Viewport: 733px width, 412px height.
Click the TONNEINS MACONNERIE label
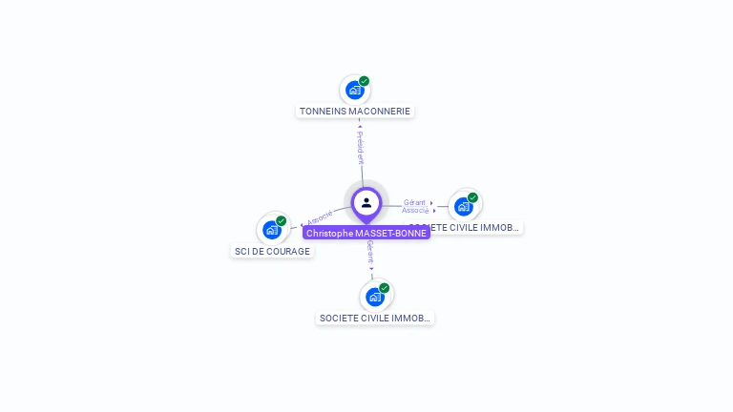(x=355, y=112)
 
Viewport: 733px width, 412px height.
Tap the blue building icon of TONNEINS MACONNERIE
(x=355, y=91)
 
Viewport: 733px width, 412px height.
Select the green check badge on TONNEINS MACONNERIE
(x=365, y=81)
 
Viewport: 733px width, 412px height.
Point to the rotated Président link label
(x=361, y=147)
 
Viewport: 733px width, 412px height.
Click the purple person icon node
(x=366, y=202)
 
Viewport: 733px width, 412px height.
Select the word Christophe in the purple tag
(x=328, y=233)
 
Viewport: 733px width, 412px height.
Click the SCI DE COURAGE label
(x=272, y=252)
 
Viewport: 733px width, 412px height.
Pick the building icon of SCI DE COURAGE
(x=272, y=230)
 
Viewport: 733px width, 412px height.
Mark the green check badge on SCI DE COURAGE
(x=282, y=221)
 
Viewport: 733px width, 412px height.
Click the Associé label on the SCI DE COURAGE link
(x=320, y=217)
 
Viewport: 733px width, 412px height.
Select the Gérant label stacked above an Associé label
(x=414, y=202)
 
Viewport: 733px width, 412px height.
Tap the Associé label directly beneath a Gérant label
(x=414, y=210)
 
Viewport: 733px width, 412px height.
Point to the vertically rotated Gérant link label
(x=370, y=252)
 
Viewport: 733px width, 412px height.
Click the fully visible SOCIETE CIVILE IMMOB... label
(x=375, y=319)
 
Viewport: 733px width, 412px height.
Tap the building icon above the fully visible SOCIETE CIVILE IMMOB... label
(x=375, y=297)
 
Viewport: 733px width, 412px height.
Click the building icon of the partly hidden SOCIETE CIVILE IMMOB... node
(x=464, y=206)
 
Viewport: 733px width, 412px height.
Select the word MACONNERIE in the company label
(x=380, y=112)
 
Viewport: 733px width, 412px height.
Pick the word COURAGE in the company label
(x=289, y=252)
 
